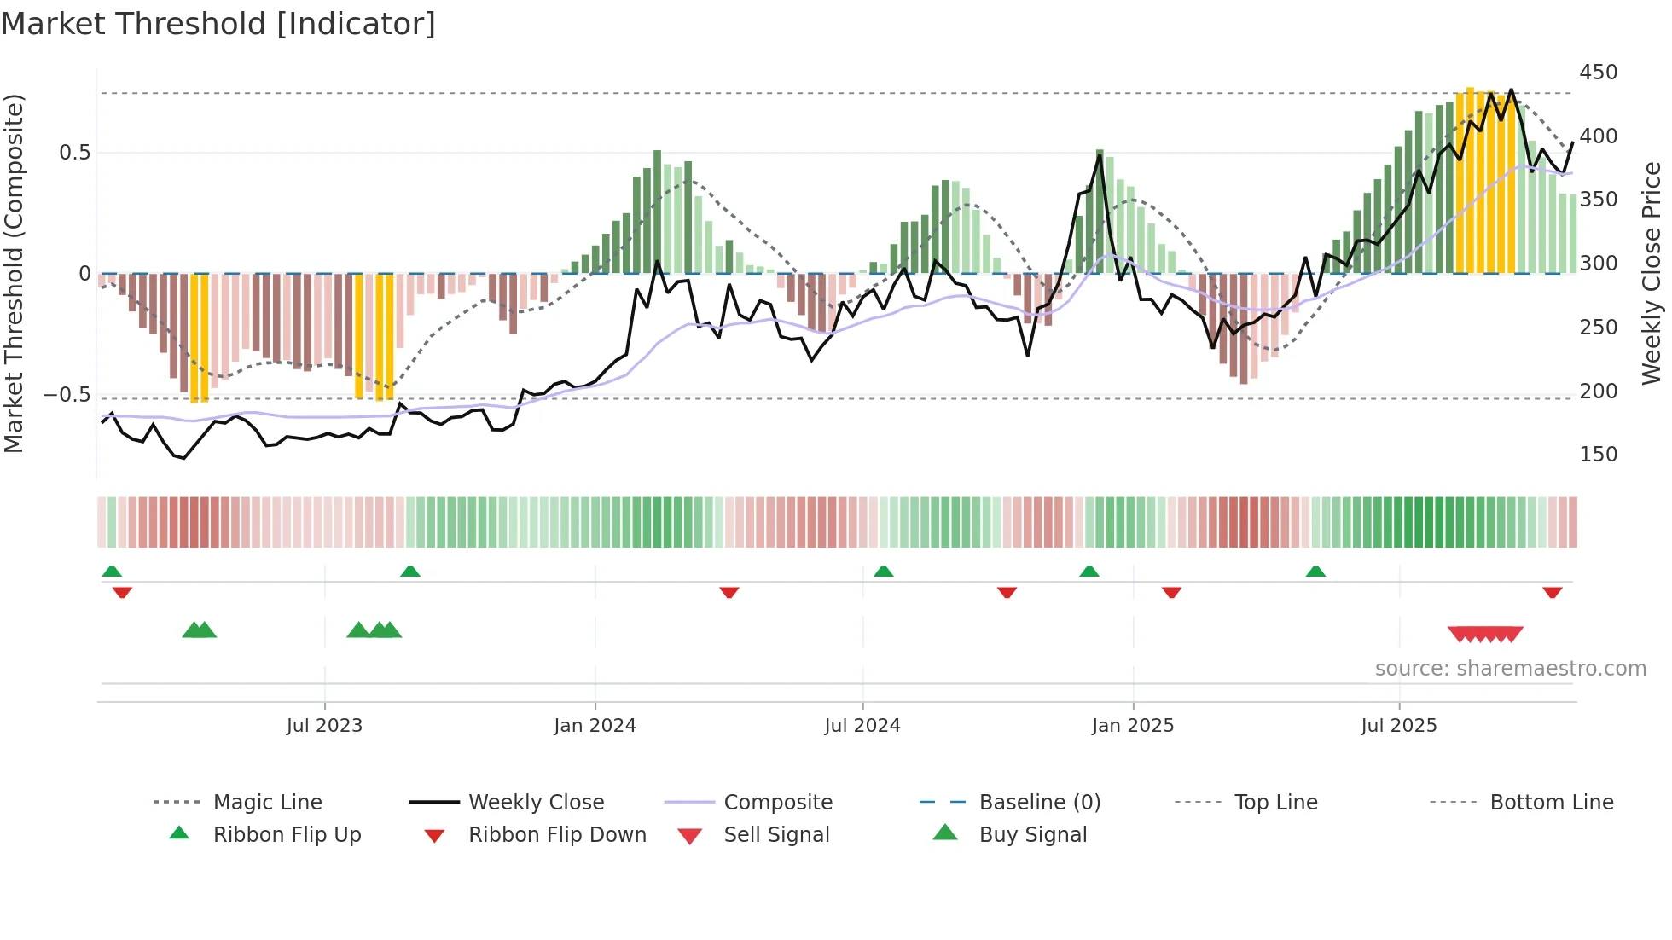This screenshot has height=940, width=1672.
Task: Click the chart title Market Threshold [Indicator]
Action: point(218,24)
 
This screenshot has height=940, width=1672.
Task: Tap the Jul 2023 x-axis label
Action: point(324,726)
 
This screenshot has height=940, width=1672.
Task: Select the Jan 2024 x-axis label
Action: point(595,726)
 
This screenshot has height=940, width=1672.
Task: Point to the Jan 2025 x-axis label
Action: point(1133,726)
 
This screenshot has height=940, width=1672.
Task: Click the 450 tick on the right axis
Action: point(1598,73)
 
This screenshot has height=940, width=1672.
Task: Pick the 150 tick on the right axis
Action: point(1598,455)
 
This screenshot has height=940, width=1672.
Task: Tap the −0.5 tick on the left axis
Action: point(67,395)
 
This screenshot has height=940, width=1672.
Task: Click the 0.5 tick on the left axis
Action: point(74,153)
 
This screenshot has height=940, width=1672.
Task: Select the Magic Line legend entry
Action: point(267,803)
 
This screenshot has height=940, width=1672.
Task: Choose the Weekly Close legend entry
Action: point(536,803)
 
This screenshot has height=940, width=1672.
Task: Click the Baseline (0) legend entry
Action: point(1039,803)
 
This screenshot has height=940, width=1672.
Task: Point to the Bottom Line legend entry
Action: point(1551,803)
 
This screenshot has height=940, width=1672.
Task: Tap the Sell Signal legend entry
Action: point(775,835)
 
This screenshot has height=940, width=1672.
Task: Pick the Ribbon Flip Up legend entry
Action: point(287,835)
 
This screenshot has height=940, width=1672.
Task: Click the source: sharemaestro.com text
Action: point(1510,669)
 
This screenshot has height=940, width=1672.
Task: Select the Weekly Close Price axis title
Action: point(1652,273)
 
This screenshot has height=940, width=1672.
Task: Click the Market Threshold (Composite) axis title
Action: point(14,273)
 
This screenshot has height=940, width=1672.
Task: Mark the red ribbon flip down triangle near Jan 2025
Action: point(1171,592)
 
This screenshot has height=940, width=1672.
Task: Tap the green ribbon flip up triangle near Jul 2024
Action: point(884,572)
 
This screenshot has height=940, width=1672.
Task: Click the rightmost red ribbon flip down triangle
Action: point(1552,592)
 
